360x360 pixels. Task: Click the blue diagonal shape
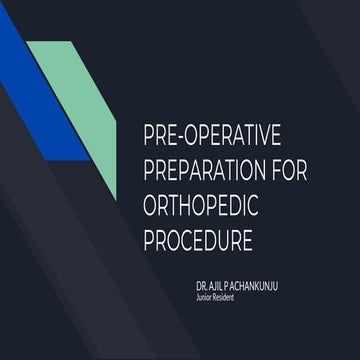point(40,100)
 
